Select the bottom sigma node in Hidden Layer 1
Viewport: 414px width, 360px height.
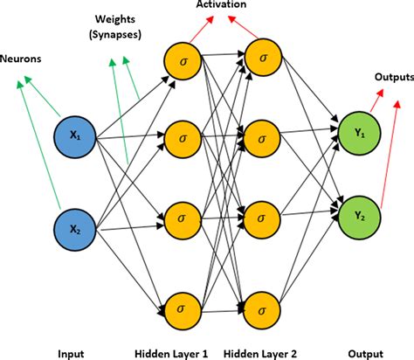point(182,308)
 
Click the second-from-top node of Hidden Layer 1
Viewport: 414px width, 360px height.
point(182,137)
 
